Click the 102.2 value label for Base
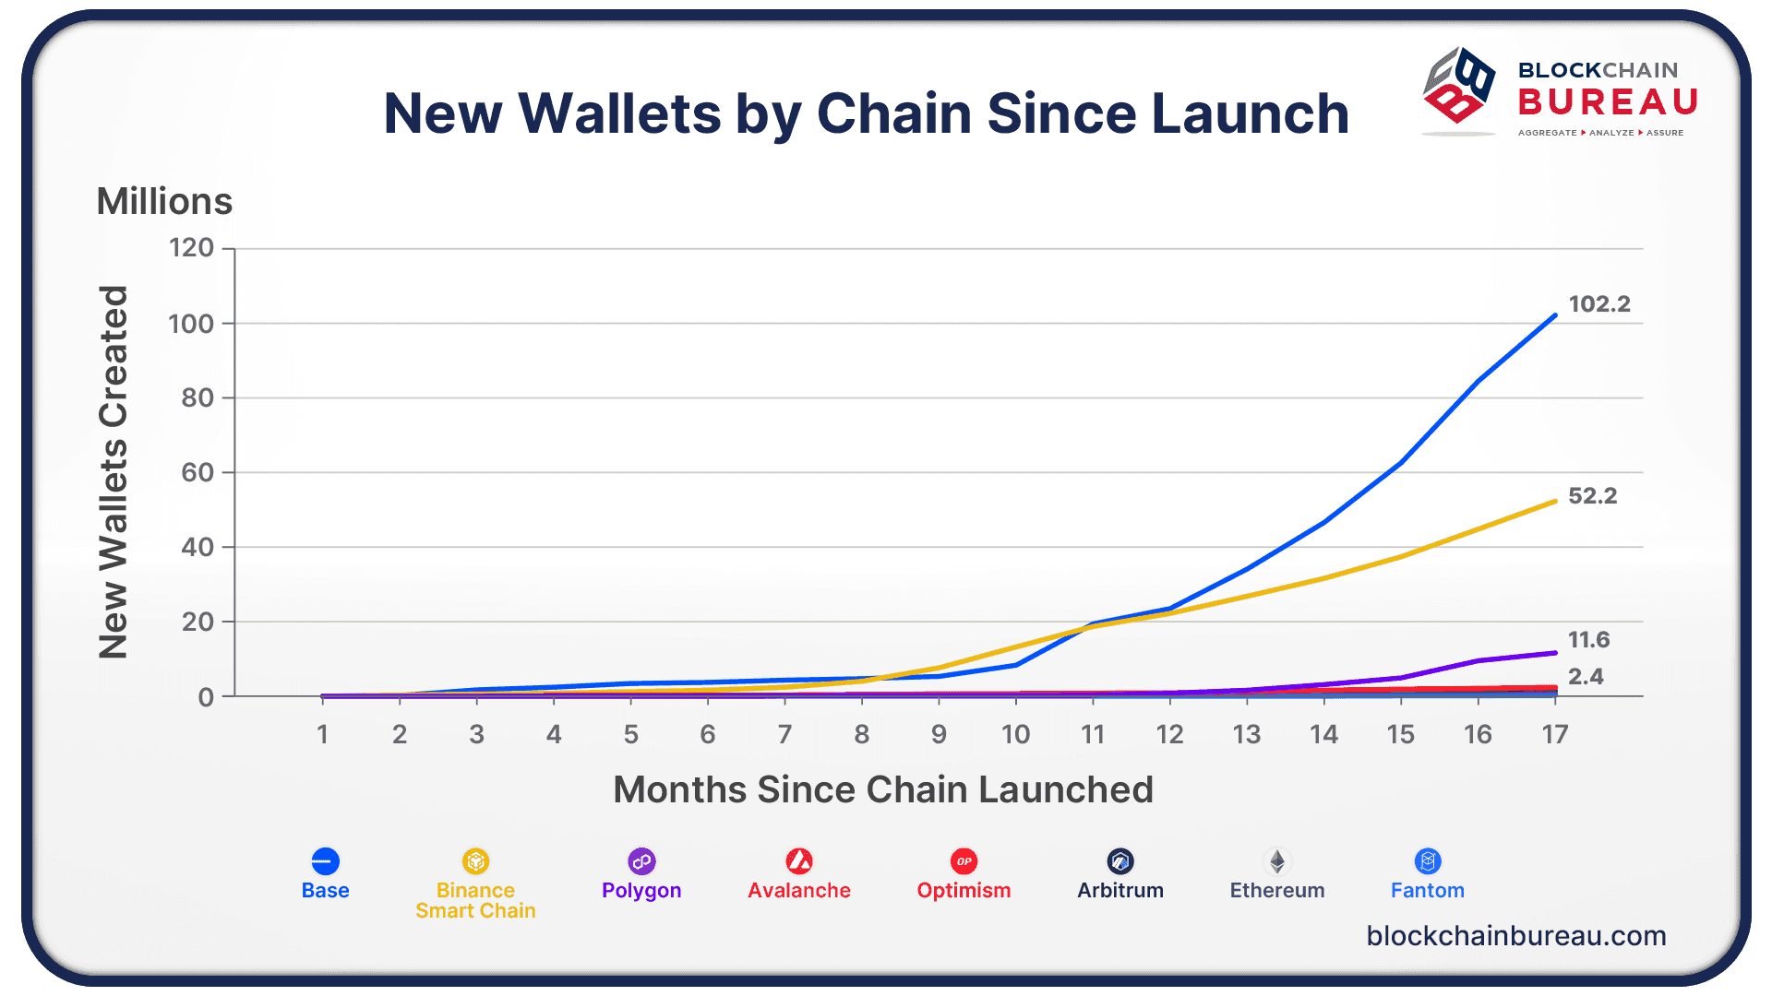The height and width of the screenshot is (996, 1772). pos(1599,304)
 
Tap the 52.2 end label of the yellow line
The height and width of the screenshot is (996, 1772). pos(1592,496)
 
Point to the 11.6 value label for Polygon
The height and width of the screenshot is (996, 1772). pos(1588,640)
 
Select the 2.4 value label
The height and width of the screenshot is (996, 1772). pos(1586,677)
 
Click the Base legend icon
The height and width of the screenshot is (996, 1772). pos(325,861)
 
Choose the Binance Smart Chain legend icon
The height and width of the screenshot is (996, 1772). pos(475,861)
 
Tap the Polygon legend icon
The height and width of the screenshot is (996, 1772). pos(641,861)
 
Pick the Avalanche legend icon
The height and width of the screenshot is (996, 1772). pos(799,861)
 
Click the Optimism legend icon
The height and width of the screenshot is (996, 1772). pos(964,861)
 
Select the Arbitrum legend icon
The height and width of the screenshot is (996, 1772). pos(1120,861)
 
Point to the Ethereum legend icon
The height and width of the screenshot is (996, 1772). pos(1277,861)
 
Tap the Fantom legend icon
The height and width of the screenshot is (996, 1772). pos(1428,861)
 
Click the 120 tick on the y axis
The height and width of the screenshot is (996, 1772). pos(191,248)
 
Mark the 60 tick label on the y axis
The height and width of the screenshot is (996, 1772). pos(198,473)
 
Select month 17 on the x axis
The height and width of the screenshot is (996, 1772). pos(1555,735)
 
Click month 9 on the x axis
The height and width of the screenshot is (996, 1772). pos(939,735)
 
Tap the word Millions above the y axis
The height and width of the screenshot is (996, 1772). pos(164,201)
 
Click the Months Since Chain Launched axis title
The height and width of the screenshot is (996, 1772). pos(883,790)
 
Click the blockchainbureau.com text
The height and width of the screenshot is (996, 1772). pos(1516,936)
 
